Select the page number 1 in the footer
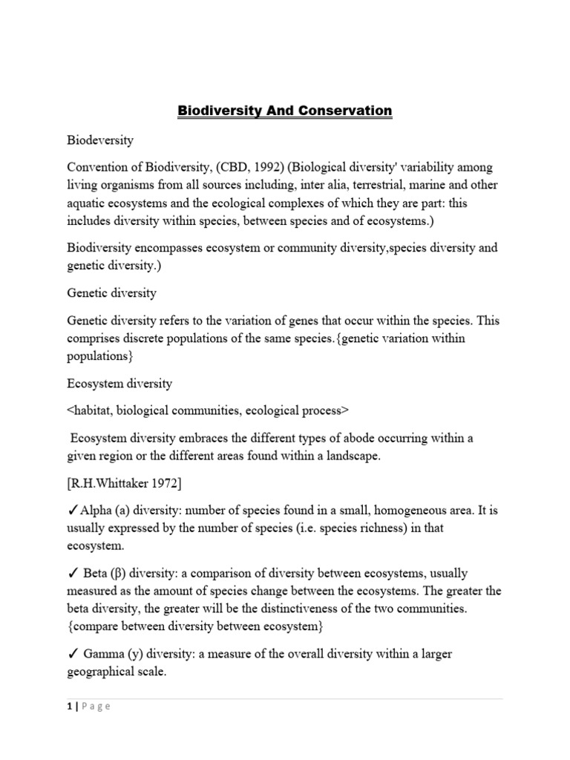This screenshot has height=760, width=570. pyautogui.click(x=69, y=707)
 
